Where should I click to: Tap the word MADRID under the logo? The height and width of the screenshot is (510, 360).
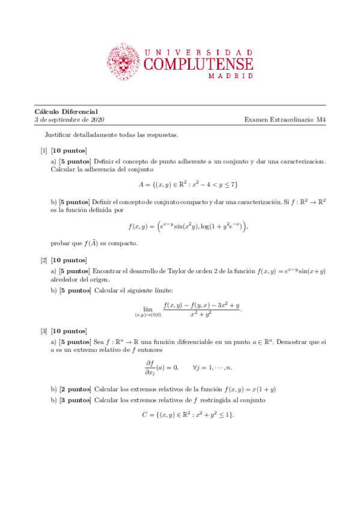(230, 76)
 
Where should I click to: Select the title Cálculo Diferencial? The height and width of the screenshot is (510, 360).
(66, 111)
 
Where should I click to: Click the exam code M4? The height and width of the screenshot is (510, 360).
(320, 120)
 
